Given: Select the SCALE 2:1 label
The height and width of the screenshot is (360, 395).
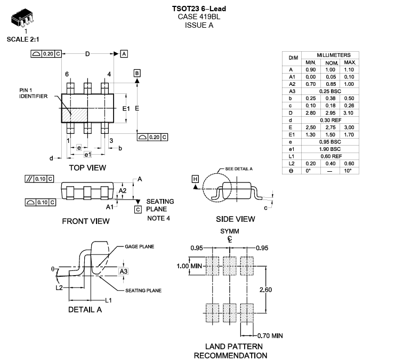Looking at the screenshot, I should pyautogui.click(x=23, y=39).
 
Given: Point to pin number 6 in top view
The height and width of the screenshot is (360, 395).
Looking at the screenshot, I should pyautogui.click(x=67, y=74).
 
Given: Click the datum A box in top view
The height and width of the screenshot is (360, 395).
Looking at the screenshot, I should pyautogui.click(x=124, y=54).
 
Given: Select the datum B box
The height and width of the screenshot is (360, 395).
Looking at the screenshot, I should pyautogui.click(x=137, y=73).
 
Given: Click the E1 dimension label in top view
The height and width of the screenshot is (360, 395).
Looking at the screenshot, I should pyautogui.click(x=126, y=108).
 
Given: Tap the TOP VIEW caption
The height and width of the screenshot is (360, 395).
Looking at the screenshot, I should pyautogui.click(x=87, y=167).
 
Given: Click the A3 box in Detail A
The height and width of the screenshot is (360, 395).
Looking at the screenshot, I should pyautogui.click(x=124, y=271).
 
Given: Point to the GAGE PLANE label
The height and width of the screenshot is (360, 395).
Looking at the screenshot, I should pyautogui.click(x=139, y=247).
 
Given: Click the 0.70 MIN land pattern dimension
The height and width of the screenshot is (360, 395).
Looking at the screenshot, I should pyautogui.click(x=270, y=336).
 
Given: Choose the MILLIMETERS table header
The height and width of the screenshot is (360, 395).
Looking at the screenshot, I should pyautogui.click(x=334, y=55).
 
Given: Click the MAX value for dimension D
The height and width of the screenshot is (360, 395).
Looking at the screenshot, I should pyautogui.click(x=349, y=113).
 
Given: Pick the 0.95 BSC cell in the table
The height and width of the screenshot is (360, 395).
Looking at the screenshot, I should pyautogui.click(x=330, y=142).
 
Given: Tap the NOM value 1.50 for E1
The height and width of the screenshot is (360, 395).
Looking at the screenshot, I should pyautogui.click(x=330, y=134).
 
